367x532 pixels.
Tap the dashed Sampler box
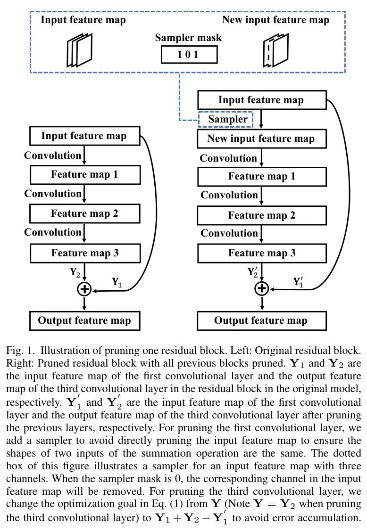(225, 119)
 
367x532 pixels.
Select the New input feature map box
(261, 139)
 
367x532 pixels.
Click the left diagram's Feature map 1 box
(84, 175)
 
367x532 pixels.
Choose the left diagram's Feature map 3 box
(84, 253)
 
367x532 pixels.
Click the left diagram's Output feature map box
(84, 321)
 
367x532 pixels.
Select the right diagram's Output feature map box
(261, 321)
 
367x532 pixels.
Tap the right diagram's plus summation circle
(261, 287)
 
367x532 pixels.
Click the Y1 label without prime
(117, 282)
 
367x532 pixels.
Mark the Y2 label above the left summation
(75, 272)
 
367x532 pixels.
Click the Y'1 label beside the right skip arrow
(298, 282)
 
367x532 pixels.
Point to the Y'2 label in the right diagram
(253, 271)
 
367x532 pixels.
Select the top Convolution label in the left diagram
(53, 155)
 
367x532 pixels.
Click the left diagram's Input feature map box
(84, 136)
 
